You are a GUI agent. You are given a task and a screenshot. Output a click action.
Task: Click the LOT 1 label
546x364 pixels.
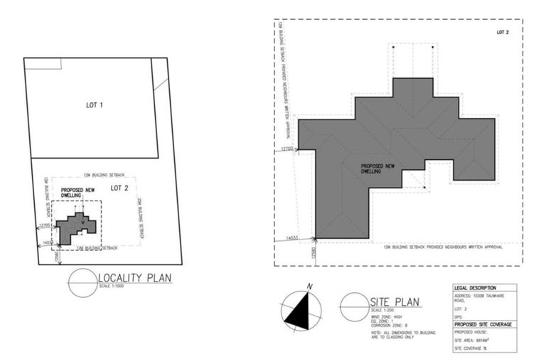[95, 105]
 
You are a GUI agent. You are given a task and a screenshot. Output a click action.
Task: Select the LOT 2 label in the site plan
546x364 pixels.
[503, 33]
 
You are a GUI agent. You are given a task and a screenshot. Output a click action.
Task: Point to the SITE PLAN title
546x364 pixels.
[395, 303]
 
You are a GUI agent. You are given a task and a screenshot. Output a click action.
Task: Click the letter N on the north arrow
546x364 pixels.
[309, 287]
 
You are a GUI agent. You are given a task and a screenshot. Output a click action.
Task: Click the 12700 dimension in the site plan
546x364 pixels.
[287, 149]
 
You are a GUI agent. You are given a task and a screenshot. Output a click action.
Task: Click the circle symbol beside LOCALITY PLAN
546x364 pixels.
[82, 282]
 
